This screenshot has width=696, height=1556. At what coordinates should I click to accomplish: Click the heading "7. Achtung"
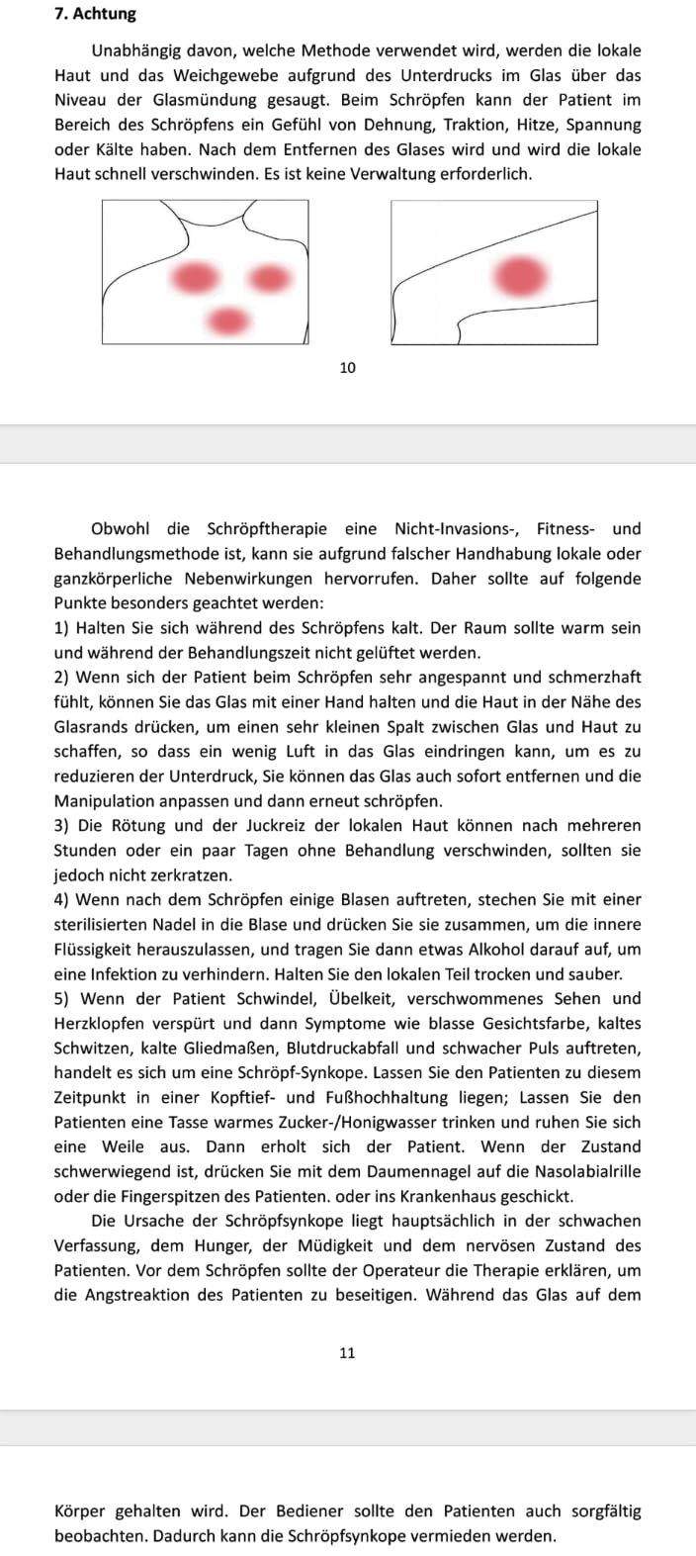pyautogui.click(x=96, y=15)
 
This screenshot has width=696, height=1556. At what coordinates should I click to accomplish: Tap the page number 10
pyautogui.click(x=347, y=368)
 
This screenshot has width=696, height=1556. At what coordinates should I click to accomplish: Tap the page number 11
pyautogui.click(x=347, y=1352)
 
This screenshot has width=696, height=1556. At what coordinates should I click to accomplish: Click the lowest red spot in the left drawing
pyautogui.click(x=228, y=320)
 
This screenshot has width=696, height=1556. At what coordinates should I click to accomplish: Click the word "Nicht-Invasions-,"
pyautogui.click(x=465, y=529)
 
